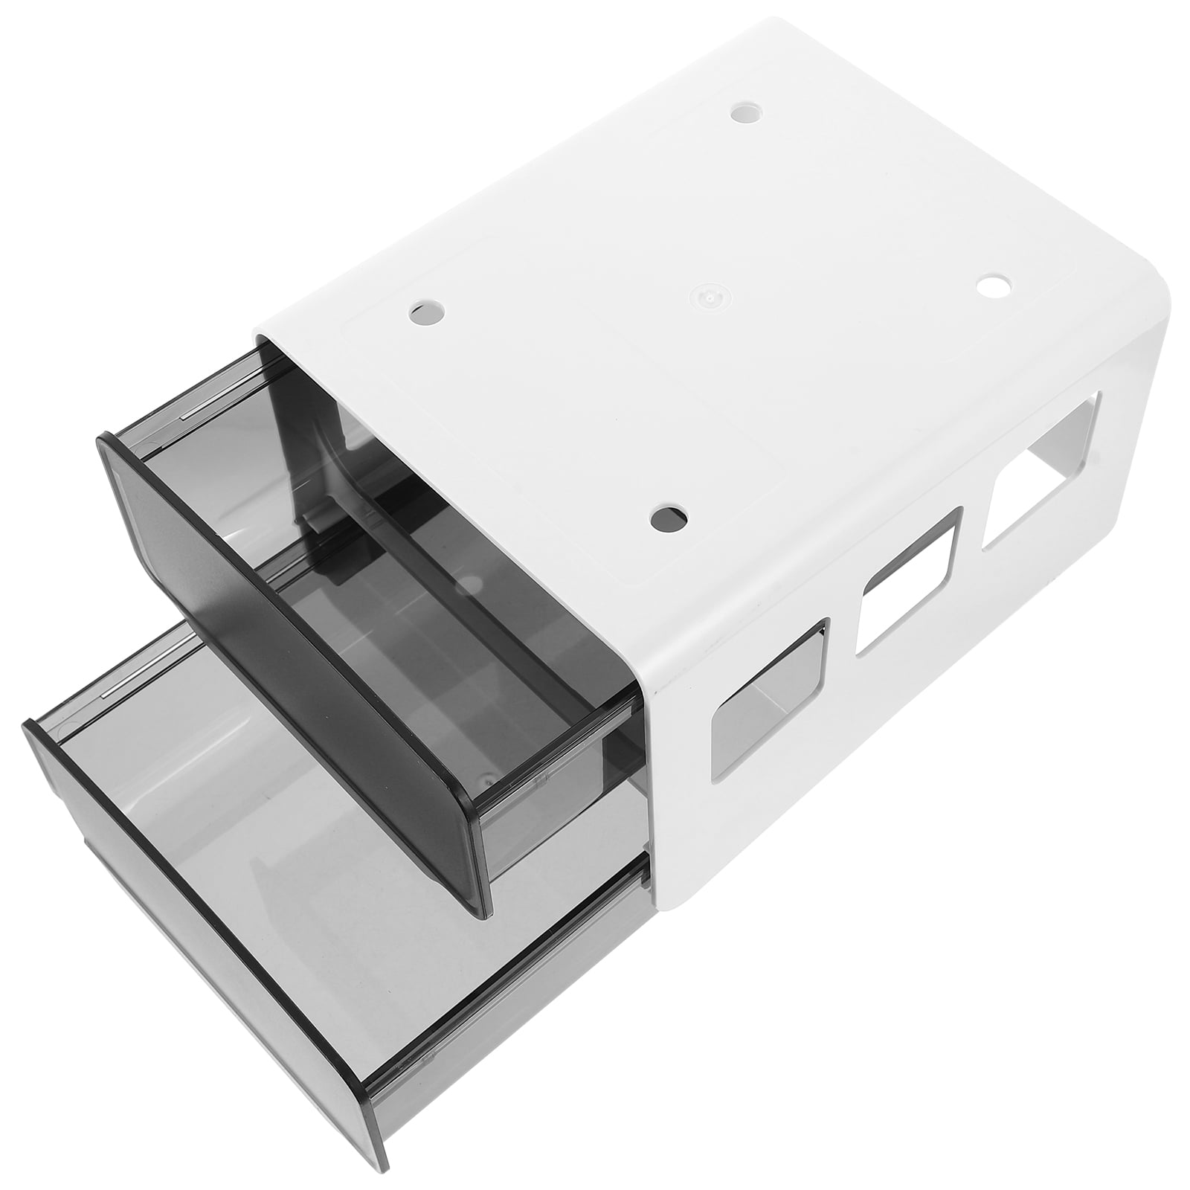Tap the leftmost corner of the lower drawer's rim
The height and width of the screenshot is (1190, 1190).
click(x=30, y=726)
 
